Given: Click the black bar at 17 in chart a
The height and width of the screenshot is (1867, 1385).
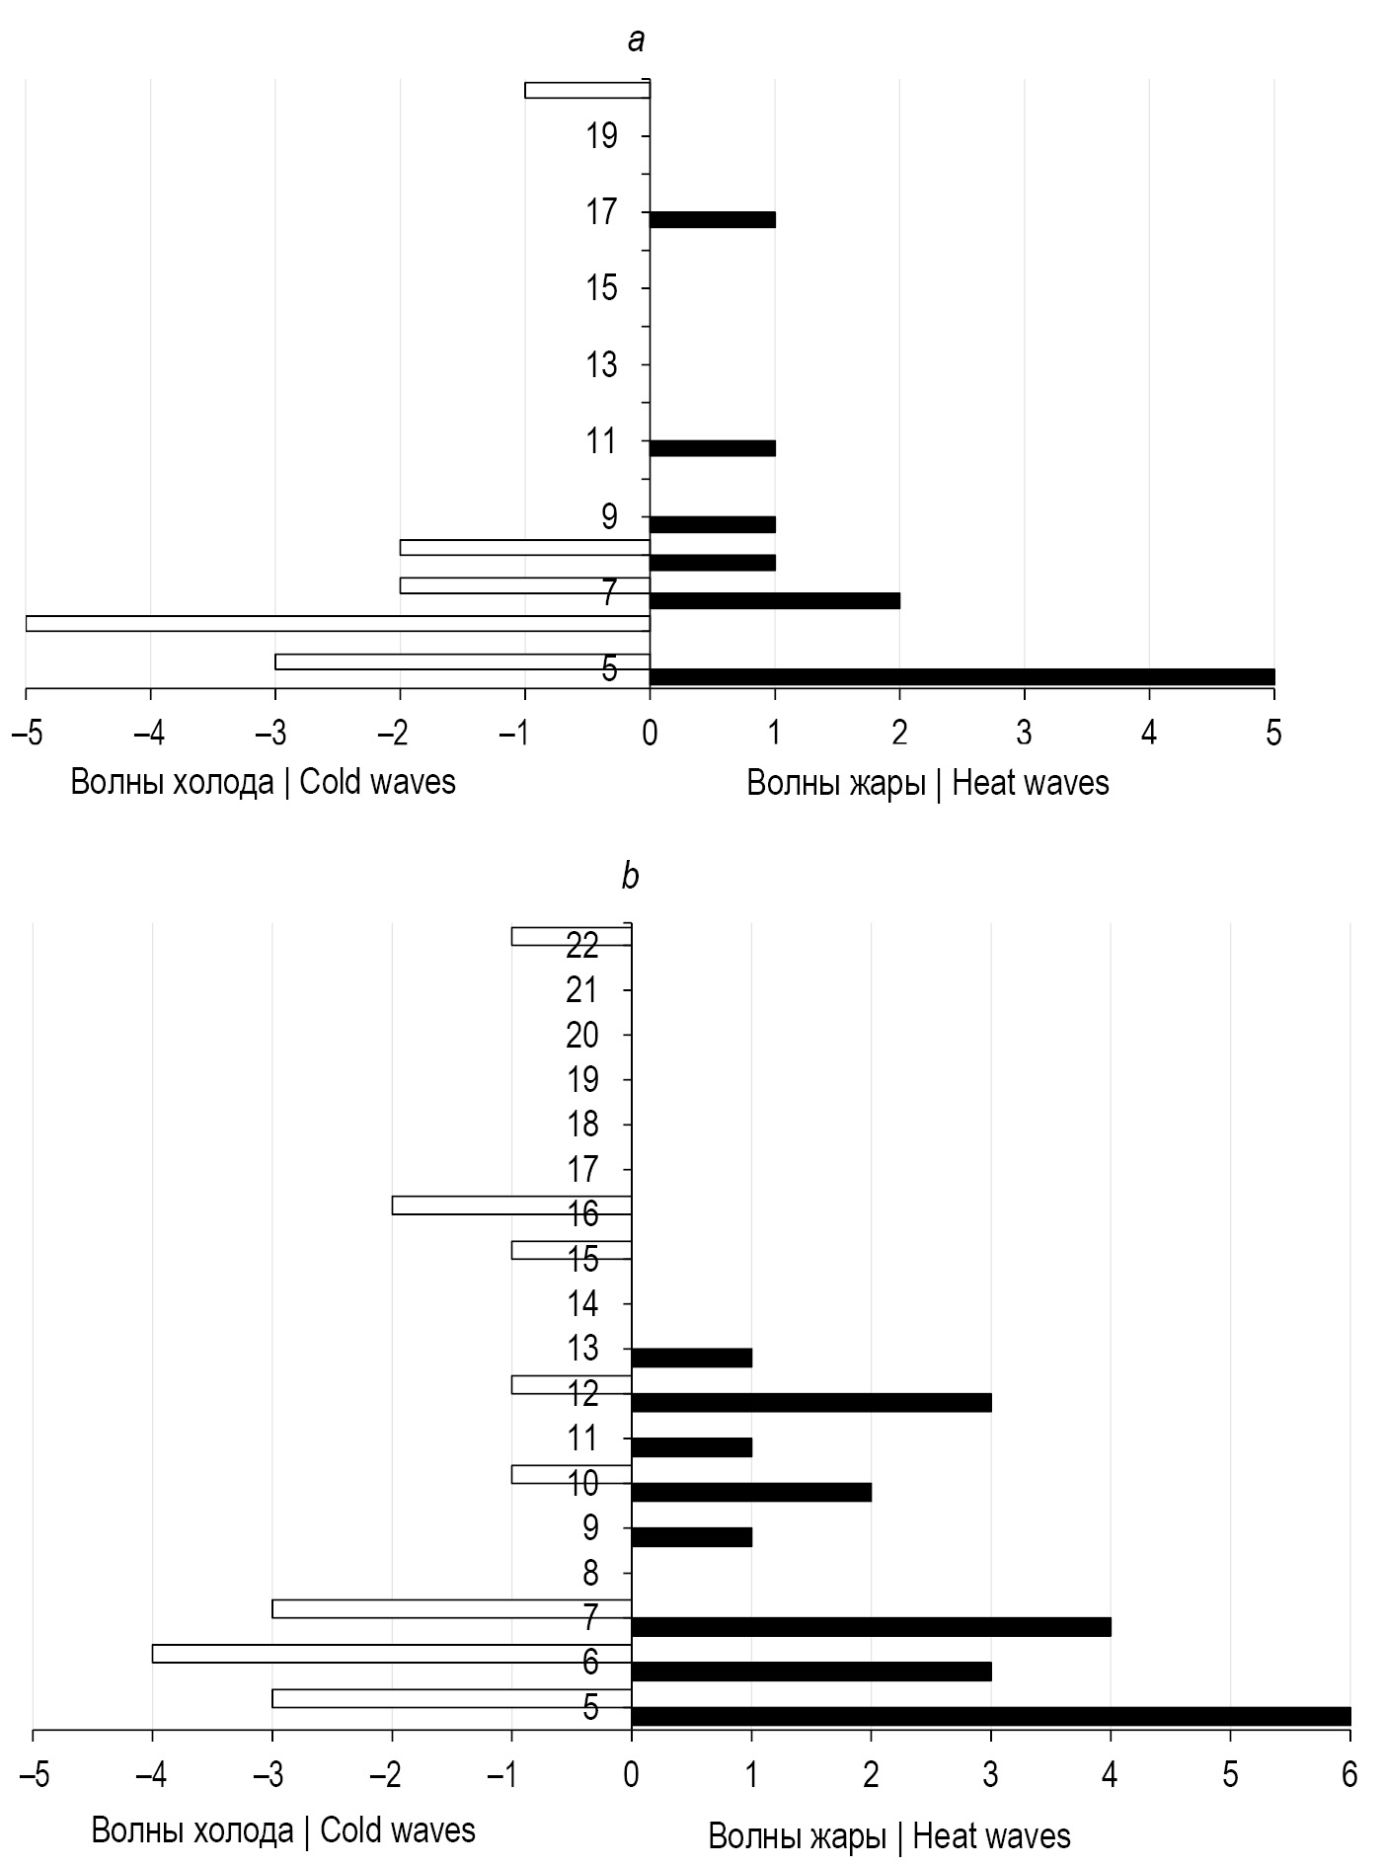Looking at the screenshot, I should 712,219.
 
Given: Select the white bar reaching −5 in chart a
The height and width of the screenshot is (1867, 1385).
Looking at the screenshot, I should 338,623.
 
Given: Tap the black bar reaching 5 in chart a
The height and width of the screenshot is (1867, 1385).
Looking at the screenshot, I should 962,676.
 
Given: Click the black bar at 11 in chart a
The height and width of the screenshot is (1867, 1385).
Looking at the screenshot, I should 712,448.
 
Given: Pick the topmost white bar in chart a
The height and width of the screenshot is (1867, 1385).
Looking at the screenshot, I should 587,91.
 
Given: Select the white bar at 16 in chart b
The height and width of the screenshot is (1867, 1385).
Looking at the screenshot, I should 511,1205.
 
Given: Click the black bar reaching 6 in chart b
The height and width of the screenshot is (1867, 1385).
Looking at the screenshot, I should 990,1716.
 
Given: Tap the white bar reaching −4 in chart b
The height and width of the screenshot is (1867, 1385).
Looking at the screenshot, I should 392,1653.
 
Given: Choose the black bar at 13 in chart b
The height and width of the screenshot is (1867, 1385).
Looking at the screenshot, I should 691,1358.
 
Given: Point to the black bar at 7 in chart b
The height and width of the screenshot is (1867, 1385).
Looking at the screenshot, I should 871,1626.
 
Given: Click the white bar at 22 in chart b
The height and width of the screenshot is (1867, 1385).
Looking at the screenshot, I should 571,936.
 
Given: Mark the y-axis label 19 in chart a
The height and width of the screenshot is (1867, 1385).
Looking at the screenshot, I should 601,135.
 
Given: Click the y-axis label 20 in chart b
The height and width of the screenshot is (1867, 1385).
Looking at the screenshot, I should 582,1035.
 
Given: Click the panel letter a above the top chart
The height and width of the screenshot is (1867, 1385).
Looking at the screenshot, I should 637,40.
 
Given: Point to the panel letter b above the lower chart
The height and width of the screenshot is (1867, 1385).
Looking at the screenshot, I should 630,876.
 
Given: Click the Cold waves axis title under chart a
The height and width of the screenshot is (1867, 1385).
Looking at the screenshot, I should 263,782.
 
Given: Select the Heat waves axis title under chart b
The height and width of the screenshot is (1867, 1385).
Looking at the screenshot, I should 889,1836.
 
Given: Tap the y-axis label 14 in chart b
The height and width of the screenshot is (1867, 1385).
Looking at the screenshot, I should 582,1304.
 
